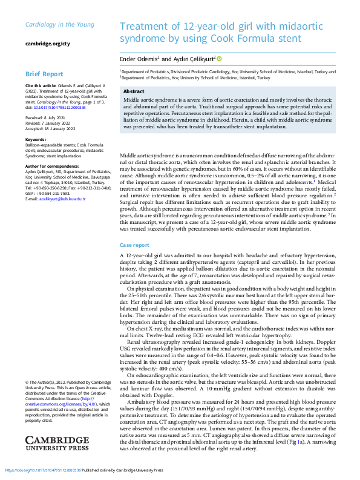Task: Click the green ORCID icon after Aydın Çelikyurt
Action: [219, 59]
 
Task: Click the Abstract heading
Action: [134, 91]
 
